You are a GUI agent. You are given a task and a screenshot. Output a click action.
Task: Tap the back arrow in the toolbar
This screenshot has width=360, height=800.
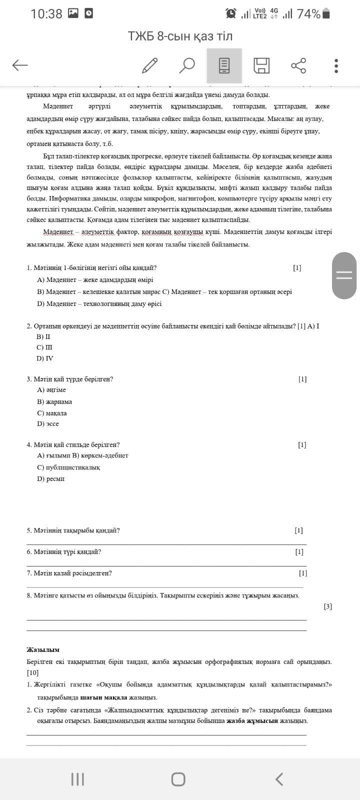(20, 65)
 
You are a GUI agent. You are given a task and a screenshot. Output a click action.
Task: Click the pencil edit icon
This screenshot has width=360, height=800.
(149, 65)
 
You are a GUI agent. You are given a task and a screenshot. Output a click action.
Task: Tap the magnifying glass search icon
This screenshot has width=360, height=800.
(187, 65)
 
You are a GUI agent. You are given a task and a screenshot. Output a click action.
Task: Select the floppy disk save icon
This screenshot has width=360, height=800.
(261, 65)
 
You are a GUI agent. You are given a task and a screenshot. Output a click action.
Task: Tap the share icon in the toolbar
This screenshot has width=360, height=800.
(298, 65)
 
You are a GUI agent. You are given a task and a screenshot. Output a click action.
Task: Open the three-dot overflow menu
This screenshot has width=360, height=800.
(336, 65)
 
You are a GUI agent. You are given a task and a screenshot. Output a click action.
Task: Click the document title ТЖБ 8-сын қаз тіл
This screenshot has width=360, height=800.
(180, 36)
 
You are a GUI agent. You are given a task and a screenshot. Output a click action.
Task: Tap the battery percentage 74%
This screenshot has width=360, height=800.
(308, 14)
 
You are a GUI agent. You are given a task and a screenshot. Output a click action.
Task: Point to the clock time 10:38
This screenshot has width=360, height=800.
(46, 14)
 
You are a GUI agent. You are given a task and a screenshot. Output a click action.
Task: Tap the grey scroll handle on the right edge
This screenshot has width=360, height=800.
(344, 275)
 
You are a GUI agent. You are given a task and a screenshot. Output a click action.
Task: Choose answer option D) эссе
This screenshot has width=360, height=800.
(48, 424)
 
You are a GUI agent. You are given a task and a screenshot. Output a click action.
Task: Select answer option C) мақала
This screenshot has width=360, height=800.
(51, 413)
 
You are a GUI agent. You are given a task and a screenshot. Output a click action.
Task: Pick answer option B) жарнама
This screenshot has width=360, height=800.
(54, 402)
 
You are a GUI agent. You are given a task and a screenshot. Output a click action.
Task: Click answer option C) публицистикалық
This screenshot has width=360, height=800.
(68, 467)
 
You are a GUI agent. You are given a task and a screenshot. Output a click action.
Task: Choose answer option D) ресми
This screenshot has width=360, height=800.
(50, 479)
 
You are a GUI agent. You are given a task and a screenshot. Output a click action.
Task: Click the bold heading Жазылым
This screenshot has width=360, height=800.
(43, 650)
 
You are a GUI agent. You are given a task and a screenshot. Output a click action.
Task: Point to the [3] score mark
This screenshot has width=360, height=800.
(327, 606)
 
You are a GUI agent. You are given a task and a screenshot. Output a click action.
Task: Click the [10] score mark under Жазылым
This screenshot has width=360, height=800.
(32, 672)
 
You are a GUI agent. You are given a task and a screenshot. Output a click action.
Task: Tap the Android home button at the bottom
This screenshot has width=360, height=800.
(178, 779)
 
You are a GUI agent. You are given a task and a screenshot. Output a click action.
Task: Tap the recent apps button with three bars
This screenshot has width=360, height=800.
(77, 779)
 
